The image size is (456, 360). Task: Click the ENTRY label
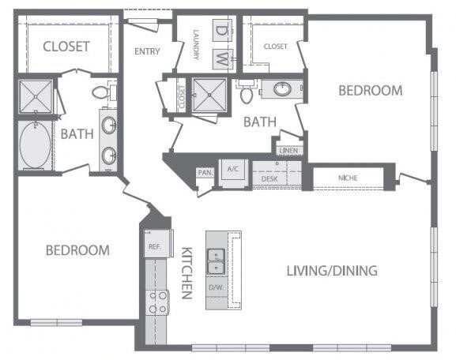pos(148,52)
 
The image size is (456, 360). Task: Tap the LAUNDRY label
pos(194,49)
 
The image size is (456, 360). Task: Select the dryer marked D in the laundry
pos(221,31)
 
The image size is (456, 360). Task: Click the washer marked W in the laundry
pos(221,58)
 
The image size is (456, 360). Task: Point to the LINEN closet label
pos(287,148)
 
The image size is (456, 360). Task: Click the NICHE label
pos(347,178)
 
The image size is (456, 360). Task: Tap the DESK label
pos(269,179)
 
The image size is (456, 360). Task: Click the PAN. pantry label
pos(203,171)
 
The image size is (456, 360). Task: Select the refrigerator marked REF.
pos(154,246)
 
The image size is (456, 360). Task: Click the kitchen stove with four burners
pos(158,302)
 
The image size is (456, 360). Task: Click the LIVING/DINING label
pos(331,271)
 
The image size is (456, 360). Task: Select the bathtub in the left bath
pos(34,145)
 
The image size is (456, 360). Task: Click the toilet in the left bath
pos(101,93)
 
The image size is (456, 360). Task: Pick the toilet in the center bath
pos(247,96)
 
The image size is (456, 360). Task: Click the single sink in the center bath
pos(281,89)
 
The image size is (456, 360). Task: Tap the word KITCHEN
pos(188,272)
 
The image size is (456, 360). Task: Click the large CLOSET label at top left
pos(66,47)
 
